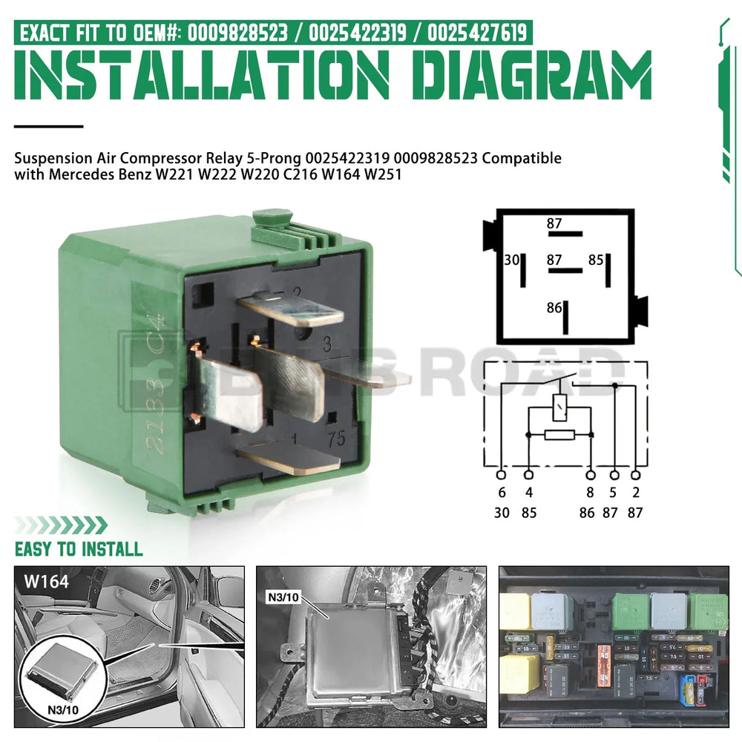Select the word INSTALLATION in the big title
(x=202, y=78)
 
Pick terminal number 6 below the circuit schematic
(x=502, y=493)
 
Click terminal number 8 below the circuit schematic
(x=591, y=493)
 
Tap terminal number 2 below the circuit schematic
(x=636, y=493)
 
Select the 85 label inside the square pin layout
(x=596, y=260)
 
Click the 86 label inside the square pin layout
(x=554, y=308)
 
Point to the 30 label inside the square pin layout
(x=511, y=260)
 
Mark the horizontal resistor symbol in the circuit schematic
(x=560, y=434)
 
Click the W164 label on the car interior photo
(x=46, y=581)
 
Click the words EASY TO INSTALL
(x=79, y=549)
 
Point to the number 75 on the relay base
(x=336, y=439)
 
